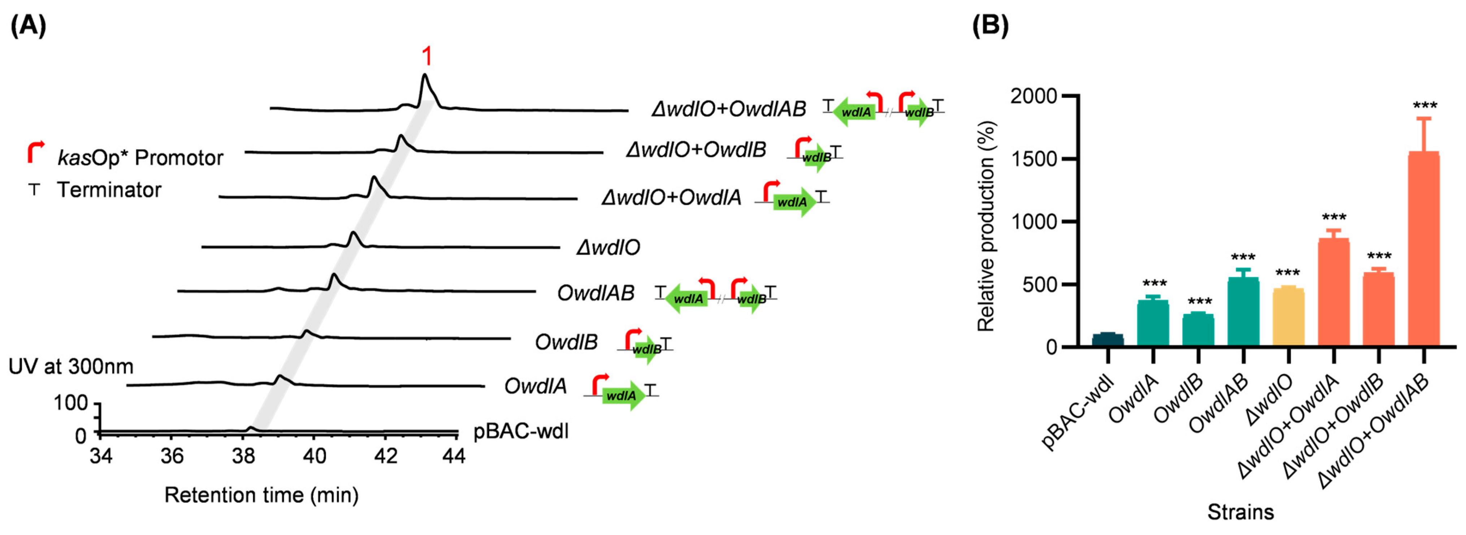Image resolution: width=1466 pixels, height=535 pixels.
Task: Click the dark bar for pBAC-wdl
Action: click(x=1107, y=340)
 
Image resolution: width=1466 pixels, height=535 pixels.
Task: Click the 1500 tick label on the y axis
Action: click(x=1033, y=159)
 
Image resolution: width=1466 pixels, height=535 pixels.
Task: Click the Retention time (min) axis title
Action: click(x=261, y=495)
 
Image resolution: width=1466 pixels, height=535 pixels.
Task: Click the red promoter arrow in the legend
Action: click(x=35, y=152)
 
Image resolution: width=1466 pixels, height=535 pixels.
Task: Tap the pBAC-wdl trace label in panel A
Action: click(x=521, y=431)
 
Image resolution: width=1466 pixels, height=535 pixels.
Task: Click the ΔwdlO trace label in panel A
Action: click(x=608, y=247)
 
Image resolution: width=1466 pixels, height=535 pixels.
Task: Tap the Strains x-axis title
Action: click(x=1241, y=512)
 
